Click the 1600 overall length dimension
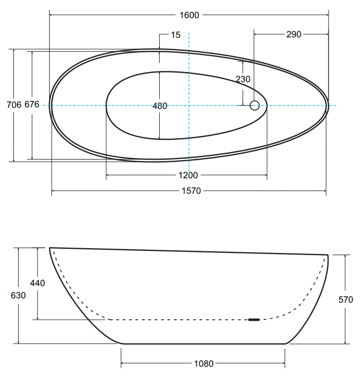[189, 15]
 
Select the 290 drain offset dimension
[294, 35]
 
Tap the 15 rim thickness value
[176, 35]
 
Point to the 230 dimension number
[243, 79]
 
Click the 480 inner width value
[160, 106]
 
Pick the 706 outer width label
[14, 105]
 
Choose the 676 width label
[32, 105]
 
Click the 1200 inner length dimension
[188, 175]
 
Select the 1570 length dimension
[191, 191]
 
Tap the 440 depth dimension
[37, 283]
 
